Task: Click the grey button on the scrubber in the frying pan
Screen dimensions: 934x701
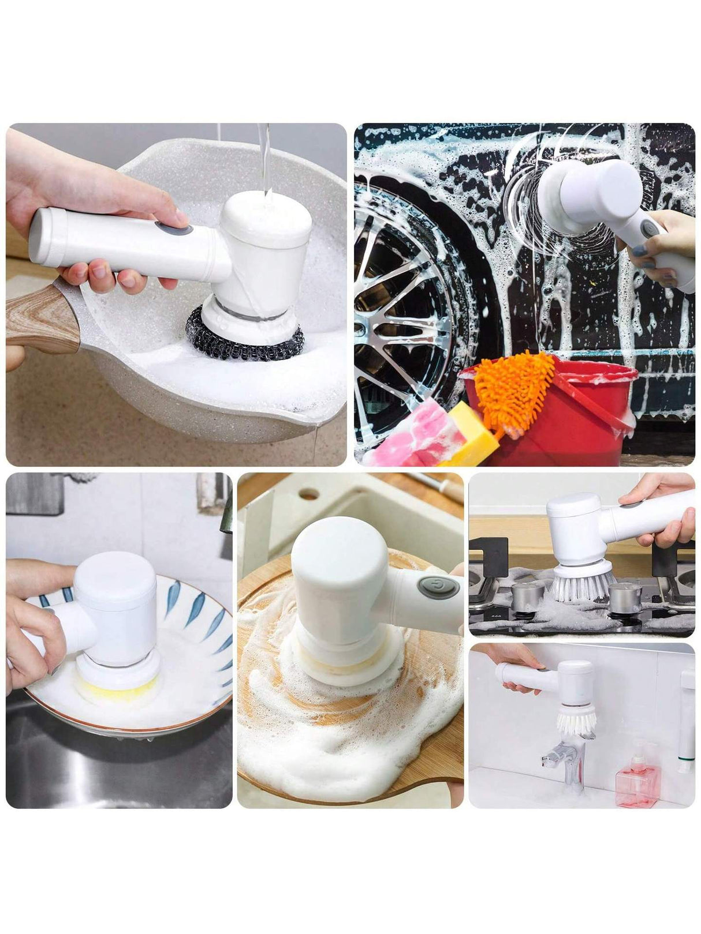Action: pyautogui.click(x=174, y=229)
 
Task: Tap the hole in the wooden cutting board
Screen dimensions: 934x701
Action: pyautogui.click(x=309, y=494)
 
